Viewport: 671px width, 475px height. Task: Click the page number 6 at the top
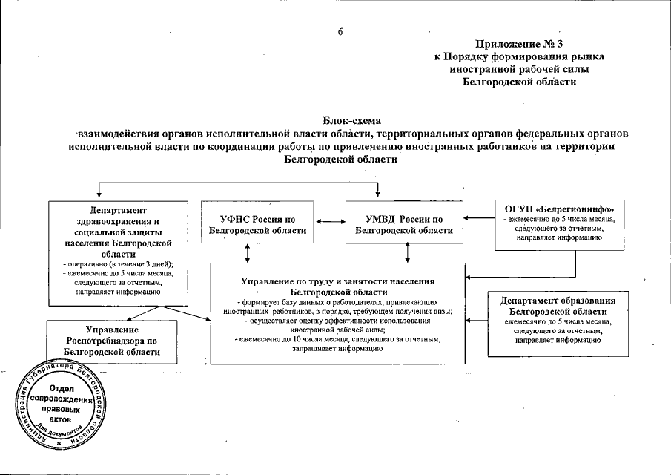pyautogui.click(x=340, y=30)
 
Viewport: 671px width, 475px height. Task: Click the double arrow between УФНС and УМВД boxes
pyautogui.click(x=328, y=220)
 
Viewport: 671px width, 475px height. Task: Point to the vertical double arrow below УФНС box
pyautogui.click(x=248, y=253)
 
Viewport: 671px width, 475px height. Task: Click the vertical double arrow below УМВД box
pyautogui.click(x=407, y=253)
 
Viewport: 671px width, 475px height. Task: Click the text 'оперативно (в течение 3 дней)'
pyautogui.click(x=119, y=263)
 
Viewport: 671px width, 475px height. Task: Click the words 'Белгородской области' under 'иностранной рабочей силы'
pyautogui.click(x=519, y=81)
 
